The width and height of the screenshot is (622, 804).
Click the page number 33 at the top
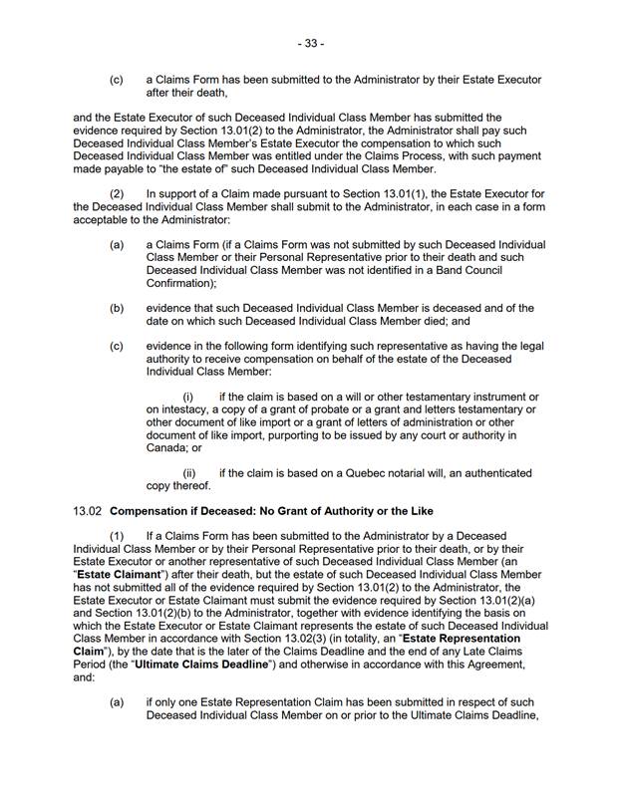point(311,44)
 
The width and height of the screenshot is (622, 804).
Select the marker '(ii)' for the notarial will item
point(189,472)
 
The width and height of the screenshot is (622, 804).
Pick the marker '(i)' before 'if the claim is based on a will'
point(187,397)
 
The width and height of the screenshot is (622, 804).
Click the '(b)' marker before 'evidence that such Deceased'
point(117,308)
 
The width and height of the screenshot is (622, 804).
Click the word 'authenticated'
point(491,472)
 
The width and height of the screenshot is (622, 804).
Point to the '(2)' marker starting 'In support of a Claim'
point(117,193)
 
